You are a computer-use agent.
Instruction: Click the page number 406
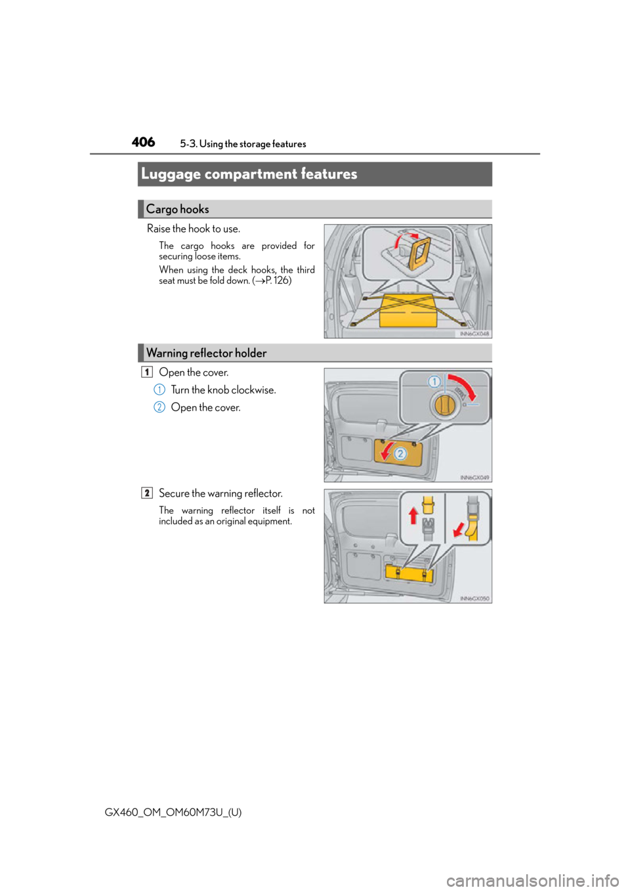[x=143, y=142]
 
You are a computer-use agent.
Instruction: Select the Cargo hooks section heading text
[x=177, y=209]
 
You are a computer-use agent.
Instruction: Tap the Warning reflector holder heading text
[x=207, y=353]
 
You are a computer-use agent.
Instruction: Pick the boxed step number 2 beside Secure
[x=147, y=493]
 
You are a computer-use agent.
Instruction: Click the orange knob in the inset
[x=443, y=405]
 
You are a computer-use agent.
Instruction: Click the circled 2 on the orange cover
[x=400, y=454]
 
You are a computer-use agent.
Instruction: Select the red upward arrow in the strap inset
[x=413, y=515]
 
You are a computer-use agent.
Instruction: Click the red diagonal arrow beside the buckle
[x=459, y=529]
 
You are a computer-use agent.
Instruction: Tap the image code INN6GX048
[x=474, y=334]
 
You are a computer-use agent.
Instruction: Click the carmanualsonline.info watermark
[x=537, y=880]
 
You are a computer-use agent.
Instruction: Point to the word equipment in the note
[x=269, y=522]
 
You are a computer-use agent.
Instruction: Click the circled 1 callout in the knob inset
[x=434, y=382]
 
